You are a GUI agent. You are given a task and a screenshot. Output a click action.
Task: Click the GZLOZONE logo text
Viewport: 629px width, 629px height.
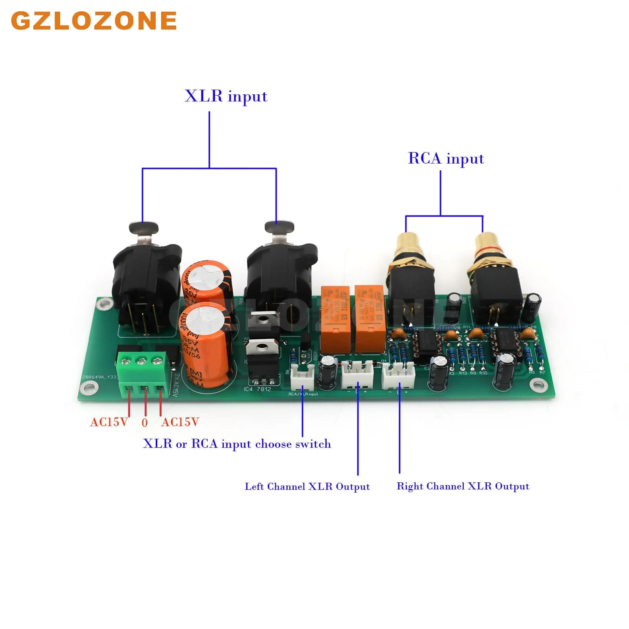click(x=94, y=20)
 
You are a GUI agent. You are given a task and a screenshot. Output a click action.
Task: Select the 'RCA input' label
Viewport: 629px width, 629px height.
click(x=446, y=159)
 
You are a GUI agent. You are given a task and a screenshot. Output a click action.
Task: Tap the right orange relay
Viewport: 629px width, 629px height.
click(x=370, y=318)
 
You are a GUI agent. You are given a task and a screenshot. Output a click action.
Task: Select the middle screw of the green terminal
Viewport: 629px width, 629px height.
click(x=142, y=360)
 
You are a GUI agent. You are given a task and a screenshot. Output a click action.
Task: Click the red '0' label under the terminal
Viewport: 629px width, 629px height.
click(x=145, y=423)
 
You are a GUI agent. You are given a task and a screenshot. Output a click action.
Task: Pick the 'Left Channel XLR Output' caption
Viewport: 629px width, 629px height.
click(x=307, y=487)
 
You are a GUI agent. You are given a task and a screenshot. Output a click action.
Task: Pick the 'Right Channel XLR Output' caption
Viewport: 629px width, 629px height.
click(x=463, y=486)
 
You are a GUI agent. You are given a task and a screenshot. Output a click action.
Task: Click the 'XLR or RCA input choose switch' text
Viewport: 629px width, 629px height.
click(x=237, y=444)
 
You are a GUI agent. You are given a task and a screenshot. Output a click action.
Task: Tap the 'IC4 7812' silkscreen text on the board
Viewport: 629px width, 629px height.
click(x=257, y=389)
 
